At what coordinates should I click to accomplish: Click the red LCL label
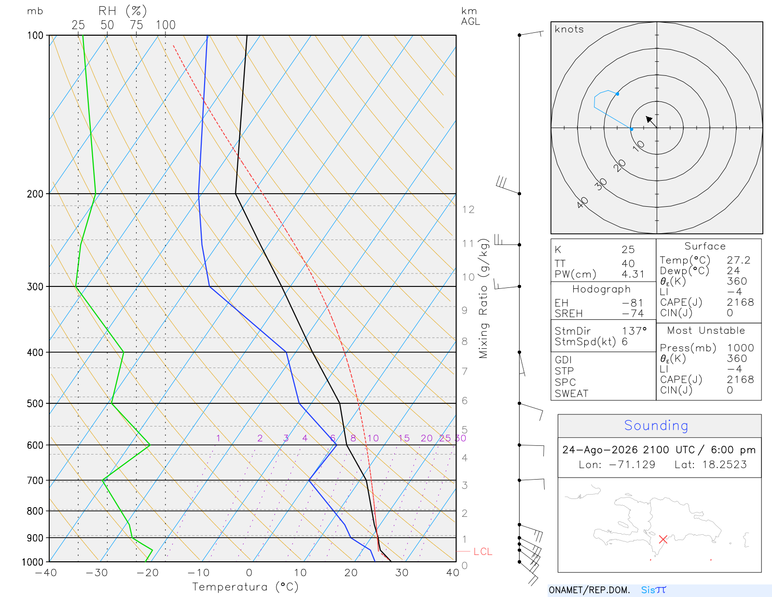482,552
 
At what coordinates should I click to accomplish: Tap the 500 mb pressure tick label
35,404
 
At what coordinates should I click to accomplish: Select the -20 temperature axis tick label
147,573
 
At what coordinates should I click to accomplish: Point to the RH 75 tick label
136,25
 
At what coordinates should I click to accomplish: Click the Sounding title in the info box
656,425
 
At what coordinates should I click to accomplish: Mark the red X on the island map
663,540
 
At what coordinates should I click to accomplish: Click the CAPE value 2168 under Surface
740,302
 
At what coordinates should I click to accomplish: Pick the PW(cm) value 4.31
633,274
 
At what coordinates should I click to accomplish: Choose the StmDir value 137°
634,331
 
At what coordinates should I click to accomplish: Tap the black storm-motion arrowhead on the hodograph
649,119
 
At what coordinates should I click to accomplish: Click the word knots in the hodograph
569,29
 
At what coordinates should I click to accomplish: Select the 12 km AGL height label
468,210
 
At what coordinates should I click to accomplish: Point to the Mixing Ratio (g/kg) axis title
484,298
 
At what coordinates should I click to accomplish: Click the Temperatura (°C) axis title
245,587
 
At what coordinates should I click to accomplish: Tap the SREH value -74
633,313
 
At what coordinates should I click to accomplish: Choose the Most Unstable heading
706,330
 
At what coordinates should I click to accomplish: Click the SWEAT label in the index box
571,394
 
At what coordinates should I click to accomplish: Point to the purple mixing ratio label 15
404,438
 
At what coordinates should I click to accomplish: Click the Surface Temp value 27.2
739,260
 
